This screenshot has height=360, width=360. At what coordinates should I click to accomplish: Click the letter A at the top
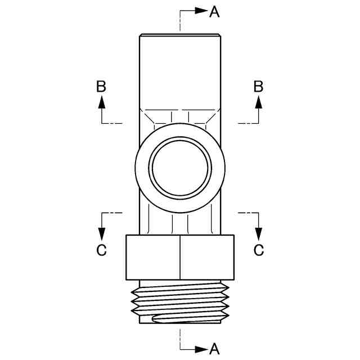[x=214, y=11]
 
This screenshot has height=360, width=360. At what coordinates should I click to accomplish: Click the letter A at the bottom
[x=214, y=349]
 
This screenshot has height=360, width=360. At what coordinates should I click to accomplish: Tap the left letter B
[x=101, y=86]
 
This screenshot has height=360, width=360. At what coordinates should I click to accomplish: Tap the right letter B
[x=259, y=86]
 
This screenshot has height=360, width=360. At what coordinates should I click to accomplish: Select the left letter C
[x=101, y=250]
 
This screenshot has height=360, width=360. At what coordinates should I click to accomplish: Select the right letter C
[x=259, y=250]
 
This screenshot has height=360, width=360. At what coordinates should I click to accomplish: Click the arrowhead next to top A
[x=201, y=11]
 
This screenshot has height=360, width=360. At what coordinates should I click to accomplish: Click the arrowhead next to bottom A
[x=201, y=349]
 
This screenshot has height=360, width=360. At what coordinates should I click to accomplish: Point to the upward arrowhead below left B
[x=101, y=102]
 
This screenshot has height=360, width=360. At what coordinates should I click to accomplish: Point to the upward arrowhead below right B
[x=259, y=102]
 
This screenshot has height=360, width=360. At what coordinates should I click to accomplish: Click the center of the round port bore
[x=180, y=168]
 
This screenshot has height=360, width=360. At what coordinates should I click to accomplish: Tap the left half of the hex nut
[x=152, y=257]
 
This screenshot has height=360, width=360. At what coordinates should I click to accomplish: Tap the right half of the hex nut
[x=207, y=257]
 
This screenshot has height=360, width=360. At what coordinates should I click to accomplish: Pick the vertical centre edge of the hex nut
[x=180, y=257]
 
